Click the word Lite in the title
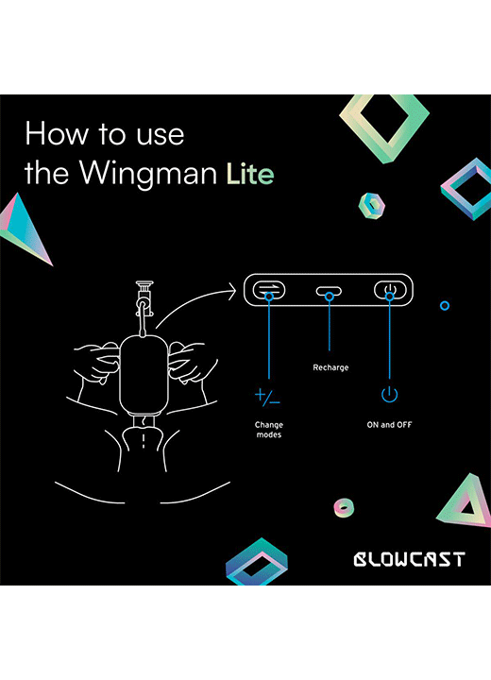click(250, 174)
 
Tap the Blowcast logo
click(410, 559)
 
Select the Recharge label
click(330, 367)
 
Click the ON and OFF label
click(390, 425)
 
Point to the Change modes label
click(269, 430)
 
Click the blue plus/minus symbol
click(267, 397)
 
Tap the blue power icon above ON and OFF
click(390, 394)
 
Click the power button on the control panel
click(390, 290)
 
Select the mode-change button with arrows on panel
click(269, 289)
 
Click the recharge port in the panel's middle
click(329, 292)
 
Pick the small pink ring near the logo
click(344, 507)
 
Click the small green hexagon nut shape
click(372, 206)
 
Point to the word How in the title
click(56, 133)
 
